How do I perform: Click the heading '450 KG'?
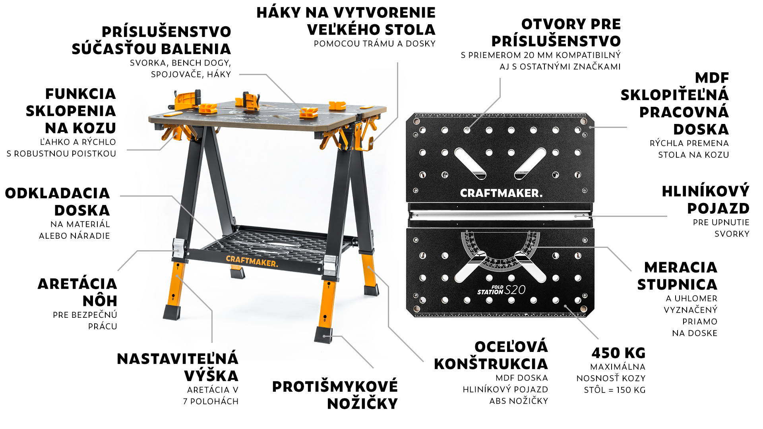coord(618,353)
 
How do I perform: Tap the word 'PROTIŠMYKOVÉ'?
coord(335,386)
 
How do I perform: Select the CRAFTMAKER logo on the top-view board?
coord(501,193)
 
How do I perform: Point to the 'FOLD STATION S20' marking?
coord(502,290)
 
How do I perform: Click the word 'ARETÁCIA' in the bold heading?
coord(77,284)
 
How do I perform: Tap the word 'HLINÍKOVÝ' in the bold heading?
coord(706,191)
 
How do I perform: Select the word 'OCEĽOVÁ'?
coord(511,347)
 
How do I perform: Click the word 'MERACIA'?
coord(681,267)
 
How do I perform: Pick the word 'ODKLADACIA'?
coord(57,193)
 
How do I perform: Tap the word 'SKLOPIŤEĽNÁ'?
coord(675,95)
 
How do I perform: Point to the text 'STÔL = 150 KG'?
coord(615,390)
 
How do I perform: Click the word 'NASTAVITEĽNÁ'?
coord(178,359)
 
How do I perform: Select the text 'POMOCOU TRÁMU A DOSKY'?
coord(375,44)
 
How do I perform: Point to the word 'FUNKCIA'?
coord(80,94)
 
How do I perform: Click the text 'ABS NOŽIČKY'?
coord(519,401)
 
